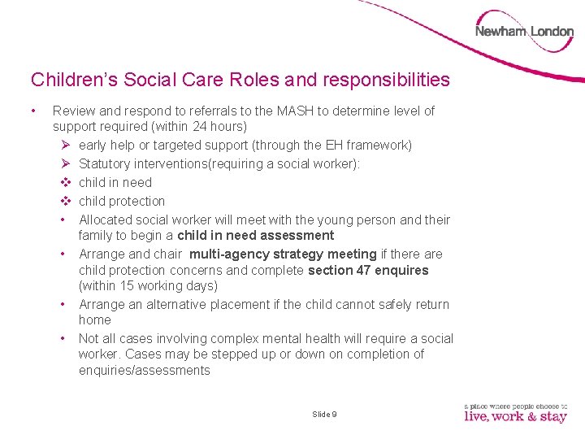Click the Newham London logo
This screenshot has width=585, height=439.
click(524, 32)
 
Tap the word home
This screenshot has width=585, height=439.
click(95, 320)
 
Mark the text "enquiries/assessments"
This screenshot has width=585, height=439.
click(145, 371)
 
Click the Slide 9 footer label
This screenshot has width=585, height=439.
click(324, 415)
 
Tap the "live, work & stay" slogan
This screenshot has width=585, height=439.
click(515, 416)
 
